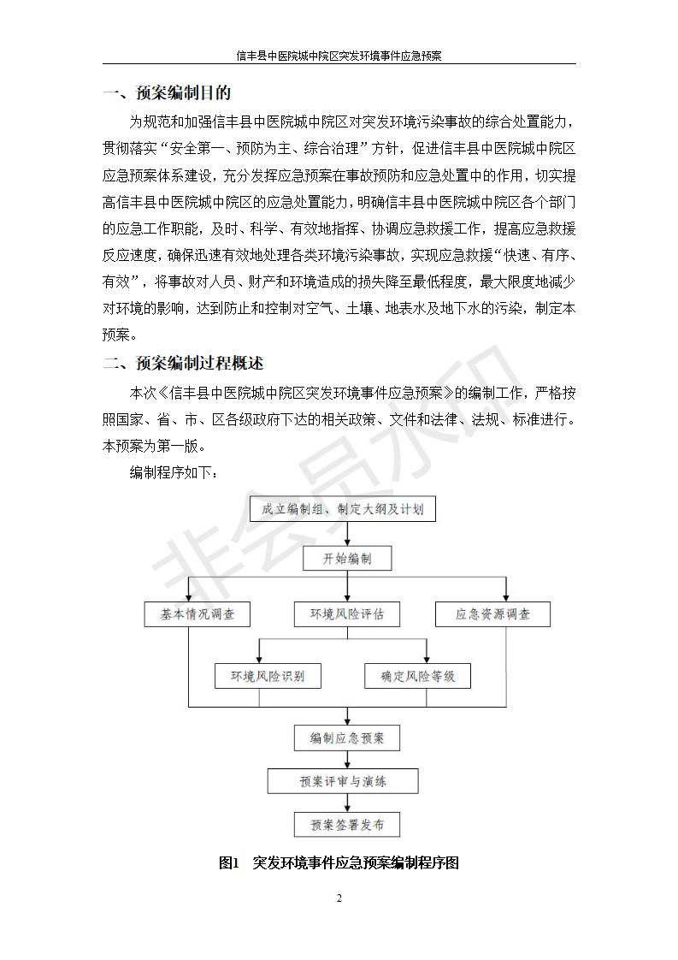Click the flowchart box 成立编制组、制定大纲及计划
click(343, 509)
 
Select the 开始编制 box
click(347, 559)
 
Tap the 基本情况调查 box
click(197, 614)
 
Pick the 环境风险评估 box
click(347, 614)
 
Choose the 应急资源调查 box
click(492, 614)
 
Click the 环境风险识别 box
click(268, 676)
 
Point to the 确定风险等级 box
click(418, 676)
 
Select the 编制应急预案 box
click(347, 738)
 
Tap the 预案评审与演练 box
click(343, 781)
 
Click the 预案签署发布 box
click(347, 825)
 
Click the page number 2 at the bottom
click(339, 898)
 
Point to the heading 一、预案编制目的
click(167, 93)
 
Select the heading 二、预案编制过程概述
click(183, 363)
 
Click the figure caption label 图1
click(228, 862)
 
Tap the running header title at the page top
click(339, 56)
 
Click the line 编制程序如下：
click(174, 472)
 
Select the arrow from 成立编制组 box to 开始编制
click(348, 534)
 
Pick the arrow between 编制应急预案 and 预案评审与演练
click(348, 760)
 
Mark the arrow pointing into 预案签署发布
click(348, 803)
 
